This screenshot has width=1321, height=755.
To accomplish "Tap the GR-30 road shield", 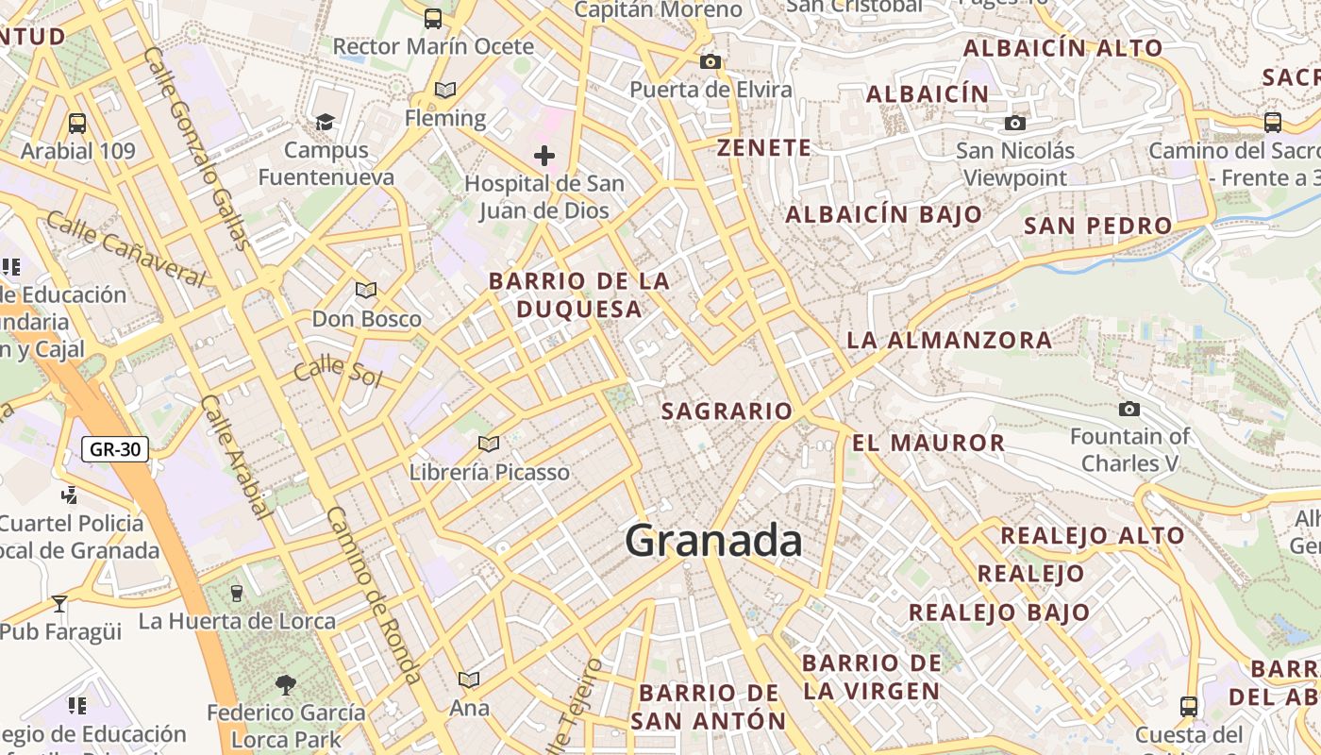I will coord(115,449).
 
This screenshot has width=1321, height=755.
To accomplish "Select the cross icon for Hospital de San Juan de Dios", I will coord(544,156).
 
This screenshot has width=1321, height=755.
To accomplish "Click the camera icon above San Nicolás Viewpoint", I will coord(1015,123).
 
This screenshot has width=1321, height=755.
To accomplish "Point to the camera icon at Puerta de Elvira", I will coord(711,62).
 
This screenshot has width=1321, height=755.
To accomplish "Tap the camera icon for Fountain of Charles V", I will coord(1129,409).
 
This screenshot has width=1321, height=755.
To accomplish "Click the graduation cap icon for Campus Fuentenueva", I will coord(326,122).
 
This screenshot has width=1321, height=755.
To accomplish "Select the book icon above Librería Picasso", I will coord(488,444).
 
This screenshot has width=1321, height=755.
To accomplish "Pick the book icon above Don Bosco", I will coord(366,291).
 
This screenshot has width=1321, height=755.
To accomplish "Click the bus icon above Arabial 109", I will coord(77,123).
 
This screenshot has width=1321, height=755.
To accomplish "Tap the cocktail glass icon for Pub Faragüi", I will coord(59,603).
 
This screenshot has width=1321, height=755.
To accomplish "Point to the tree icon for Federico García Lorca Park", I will coord(285,684).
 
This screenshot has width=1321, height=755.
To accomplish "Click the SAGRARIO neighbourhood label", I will coord(727,411).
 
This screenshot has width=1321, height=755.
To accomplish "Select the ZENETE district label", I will coord(763,148).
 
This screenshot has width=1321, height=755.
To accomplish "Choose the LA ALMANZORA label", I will coord(949,341).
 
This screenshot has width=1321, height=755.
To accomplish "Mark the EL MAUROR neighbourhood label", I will coord(928,443).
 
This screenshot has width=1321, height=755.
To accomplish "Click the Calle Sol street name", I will coord(337,371).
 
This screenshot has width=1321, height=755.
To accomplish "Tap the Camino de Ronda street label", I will coord(374,595).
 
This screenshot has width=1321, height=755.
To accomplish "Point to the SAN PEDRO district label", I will coord(1097,226).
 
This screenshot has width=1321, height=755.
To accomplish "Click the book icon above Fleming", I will coord(444,90).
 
